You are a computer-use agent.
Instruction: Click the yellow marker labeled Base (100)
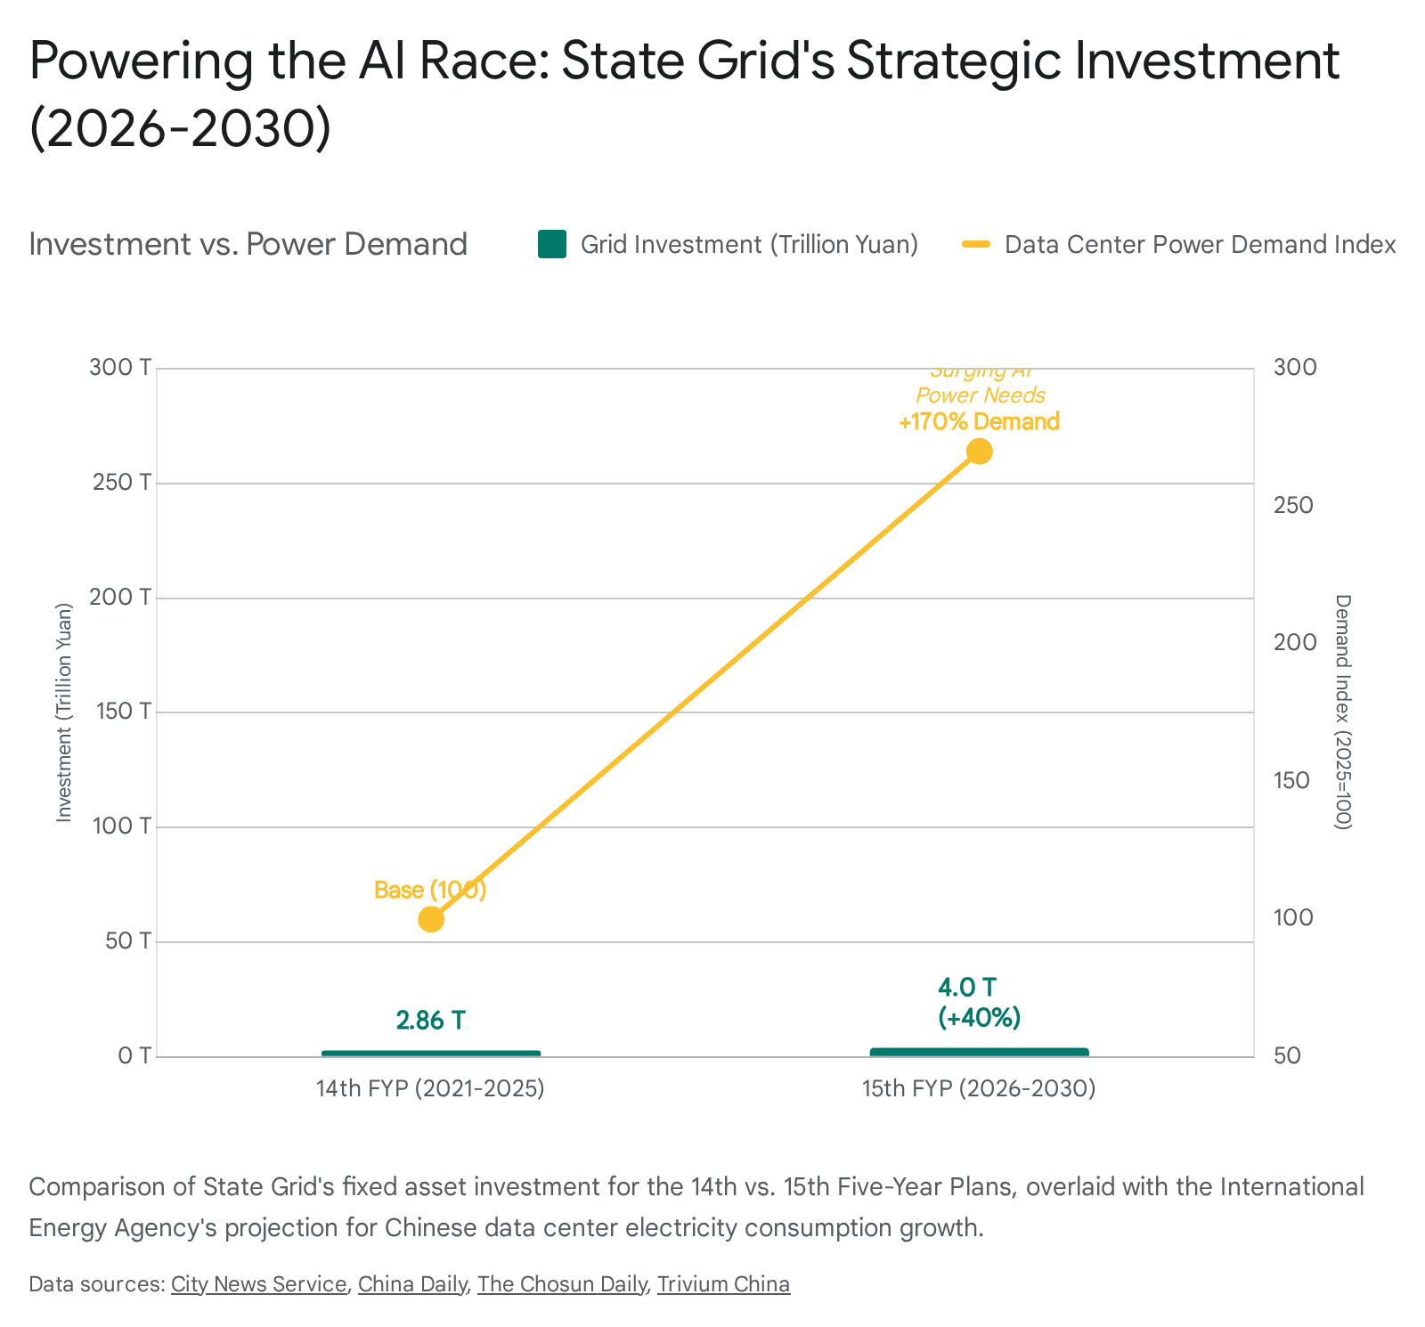(431, 919)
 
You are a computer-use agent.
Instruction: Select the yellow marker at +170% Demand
(979, 452)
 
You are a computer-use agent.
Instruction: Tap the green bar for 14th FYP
(431, 1054)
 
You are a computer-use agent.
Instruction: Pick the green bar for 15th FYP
(979, 1053)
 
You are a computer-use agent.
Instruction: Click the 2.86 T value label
(431, 1021)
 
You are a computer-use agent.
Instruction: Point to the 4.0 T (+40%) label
(979, 1003)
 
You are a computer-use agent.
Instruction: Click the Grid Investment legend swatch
(552, 244)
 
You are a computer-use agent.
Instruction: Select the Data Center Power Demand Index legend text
(1200, 244)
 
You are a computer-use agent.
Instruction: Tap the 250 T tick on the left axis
(121, 483)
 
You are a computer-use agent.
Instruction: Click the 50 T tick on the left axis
(128, 941)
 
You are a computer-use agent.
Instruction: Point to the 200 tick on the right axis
(1294, 643)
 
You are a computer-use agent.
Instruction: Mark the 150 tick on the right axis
(1294, 781)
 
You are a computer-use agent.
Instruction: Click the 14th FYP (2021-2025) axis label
(431, 1088)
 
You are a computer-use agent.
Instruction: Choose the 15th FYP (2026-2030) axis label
(979, 1088)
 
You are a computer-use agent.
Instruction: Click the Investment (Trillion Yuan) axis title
(63, 712)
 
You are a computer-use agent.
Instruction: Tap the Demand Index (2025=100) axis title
(1343, 712)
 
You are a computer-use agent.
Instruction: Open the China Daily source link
(412, 1284)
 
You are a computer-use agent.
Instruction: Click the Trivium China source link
(723, 1284)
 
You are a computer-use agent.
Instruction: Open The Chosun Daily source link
(561, 1284)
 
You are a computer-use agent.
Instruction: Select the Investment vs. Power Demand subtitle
(248, 244)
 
